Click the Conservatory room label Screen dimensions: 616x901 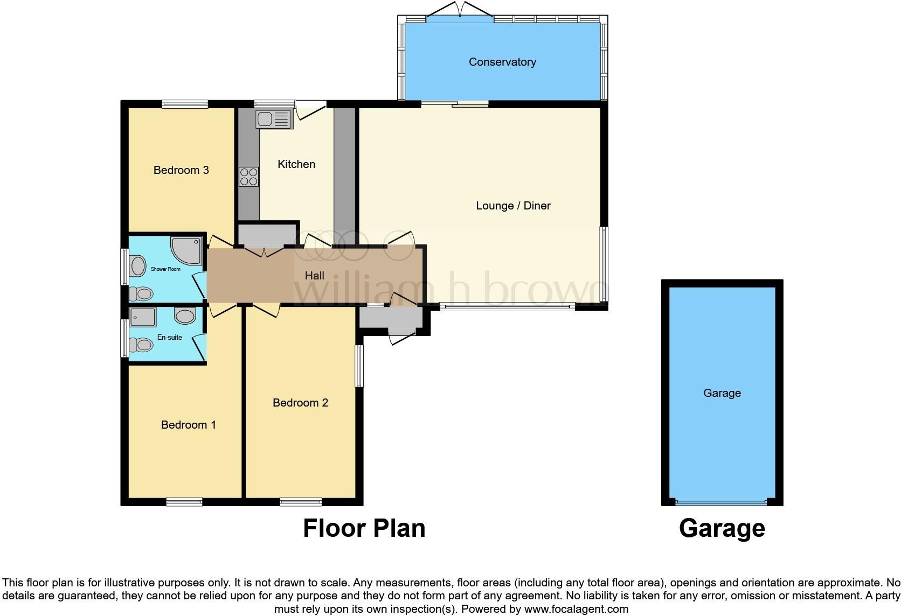coord(502,62)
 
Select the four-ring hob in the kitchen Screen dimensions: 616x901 coord(248,177)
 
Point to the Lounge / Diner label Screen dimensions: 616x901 coord(513,206)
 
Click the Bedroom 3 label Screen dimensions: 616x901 coord(181,170)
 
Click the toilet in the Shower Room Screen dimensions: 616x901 coord(143,293)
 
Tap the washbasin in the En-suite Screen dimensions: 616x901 coord(185,316)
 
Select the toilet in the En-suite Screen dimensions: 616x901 coord(143,344)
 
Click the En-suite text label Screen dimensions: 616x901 coord(169,338)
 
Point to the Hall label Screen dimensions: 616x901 coord(314,276)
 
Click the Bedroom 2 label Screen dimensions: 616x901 coord(300,403)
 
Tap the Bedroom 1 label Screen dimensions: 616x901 coord(188,425)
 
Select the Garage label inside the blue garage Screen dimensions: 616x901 coord(722,393)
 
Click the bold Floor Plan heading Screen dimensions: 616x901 coord(364,528)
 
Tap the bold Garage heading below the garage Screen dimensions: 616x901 coord(722,528)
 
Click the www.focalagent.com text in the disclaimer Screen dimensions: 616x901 coord(576,610)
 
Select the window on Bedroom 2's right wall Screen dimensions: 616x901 coord(359,366)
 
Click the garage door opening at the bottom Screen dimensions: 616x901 coord(721,502)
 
